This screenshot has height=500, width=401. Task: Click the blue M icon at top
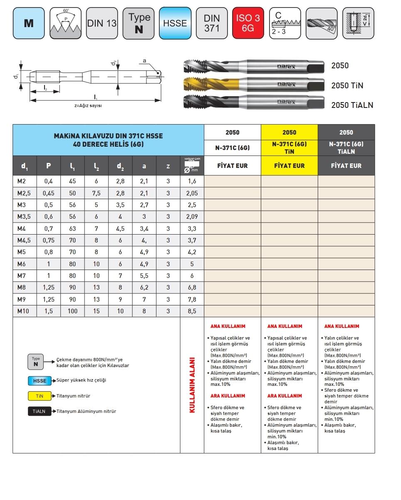pyautogui.click(x=29, y=23)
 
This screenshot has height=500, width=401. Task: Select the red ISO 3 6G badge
pyautogui.click(x=248, y=23)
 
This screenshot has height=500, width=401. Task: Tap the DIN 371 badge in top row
pyautogui.click(x=212, y=23)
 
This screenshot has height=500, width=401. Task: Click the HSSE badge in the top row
pyautogui.click(x=175, y=23)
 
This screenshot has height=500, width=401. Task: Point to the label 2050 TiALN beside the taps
pyautogui.click(x=352, y=105)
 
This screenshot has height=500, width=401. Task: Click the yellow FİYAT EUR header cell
pyautogui.click(x=289, y=165)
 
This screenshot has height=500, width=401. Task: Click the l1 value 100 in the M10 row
pyautogui.click(x=72, y=311)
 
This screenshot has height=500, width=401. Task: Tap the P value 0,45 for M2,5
pyautogui.click(x=49, y=193)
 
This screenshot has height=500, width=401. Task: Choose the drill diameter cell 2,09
pyautogui.click(x=192, y=217)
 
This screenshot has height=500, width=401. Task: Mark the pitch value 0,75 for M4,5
pyautogui.click(x=49, y=240)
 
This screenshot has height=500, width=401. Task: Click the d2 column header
pyautogui.click(x=120, y=166)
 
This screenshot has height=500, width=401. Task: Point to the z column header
pyautogui.click(x=168, y=166)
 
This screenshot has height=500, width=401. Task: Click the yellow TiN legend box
pyautogui.click(x=40, y=396)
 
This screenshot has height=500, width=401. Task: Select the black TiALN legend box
pyautogui.click(x=40, y=411)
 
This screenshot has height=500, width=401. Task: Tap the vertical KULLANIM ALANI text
pyautogui.click(x=192, y=385)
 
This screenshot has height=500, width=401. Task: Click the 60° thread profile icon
pyautogui.click(x=65, y=23)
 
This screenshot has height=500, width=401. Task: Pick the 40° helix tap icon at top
pyautogui.click(x=321, y=23)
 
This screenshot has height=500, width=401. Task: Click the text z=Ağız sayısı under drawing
pyautogui.click(x=88, y=105)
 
